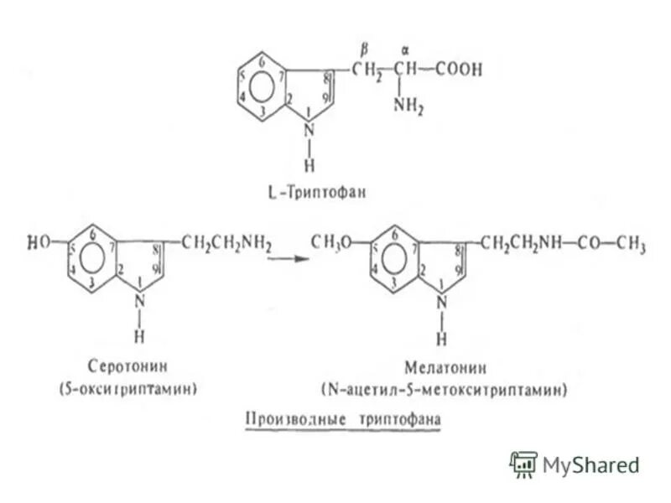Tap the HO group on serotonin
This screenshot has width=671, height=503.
coord(39,243)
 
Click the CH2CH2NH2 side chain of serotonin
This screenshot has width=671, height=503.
coord(226,244)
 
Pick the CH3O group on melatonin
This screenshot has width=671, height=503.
coord(330,243)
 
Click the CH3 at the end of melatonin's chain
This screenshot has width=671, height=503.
coord(630,244)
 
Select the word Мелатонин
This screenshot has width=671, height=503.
coord(442,366)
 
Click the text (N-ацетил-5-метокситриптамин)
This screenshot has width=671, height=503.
coord(444,389)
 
